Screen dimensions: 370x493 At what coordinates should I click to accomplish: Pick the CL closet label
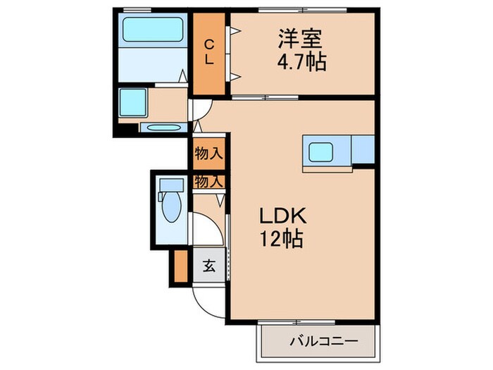209,52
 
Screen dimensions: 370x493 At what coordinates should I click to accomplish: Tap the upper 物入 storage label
208,152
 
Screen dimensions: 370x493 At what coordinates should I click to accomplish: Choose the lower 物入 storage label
208,181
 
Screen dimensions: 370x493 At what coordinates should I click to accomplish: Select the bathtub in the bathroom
152,30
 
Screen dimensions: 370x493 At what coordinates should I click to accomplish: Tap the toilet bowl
170,209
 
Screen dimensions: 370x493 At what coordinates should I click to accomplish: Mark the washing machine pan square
132,104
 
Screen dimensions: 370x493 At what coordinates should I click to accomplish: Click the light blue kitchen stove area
363,149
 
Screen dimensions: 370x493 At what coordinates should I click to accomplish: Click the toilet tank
170,185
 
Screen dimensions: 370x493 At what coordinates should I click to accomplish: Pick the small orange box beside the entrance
180,265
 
